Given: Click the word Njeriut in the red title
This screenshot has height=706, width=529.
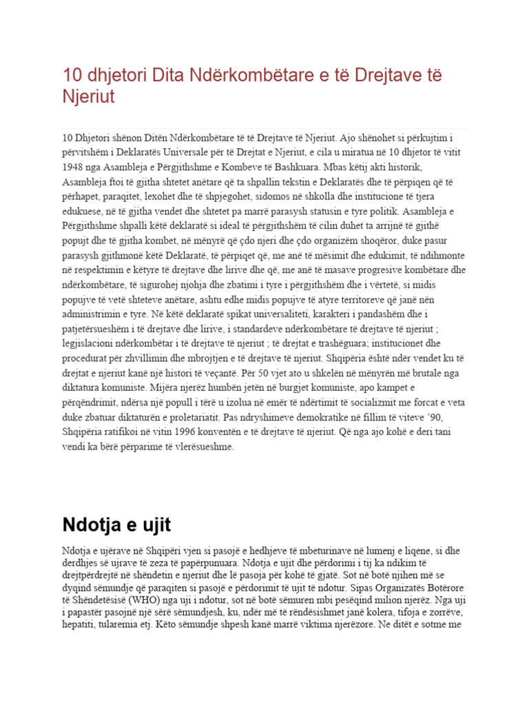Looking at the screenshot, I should pos(88,97).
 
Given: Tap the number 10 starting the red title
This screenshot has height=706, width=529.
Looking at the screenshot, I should pos(70,74).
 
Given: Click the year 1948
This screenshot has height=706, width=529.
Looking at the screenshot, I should pos(73,168).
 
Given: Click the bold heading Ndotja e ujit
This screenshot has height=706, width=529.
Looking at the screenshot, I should pos(116,525).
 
